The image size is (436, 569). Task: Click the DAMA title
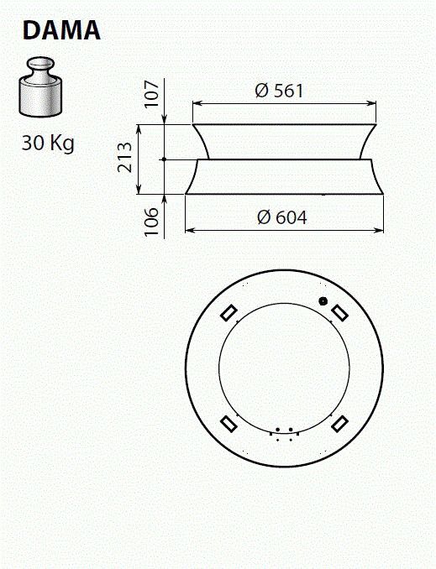click(x=62, y=30)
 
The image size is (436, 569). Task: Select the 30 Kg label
click(x=48, y=143)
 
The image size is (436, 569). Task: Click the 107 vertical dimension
click(x=152, y=95)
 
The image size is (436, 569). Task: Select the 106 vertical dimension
click(x=152, y=222)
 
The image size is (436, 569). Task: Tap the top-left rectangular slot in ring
click(x=227, y=311)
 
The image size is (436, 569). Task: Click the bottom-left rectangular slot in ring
click(x=227, y=423)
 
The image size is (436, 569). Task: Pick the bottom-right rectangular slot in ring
click(x=339, y=423)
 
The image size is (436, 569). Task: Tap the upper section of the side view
click(x=283, y=141)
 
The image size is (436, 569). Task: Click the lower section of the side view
click(x=283, y=177)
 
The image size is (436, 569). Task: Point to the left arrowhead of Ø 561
click(x=197, y=103)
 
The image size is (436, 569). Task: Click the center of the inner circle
click(x=283, y=368)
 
